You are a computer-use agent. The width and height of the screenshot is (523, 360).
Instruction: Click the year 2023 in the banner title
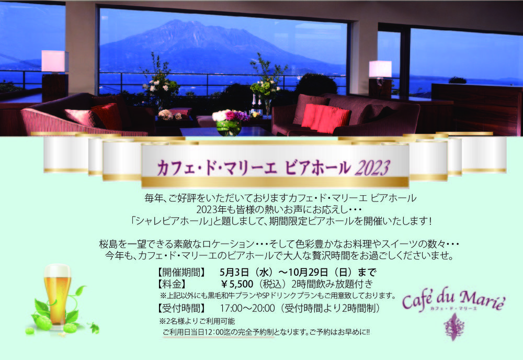pos(372,168)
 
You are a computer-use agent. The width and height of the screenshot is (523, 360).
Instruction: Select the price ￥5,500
pos(237,284)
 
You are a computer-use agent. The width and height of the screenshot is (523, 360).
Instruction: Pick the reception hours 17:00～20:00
pos(247,308)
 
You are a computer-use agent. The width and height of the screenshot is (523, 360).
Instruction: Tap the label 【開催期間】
pos(181,272)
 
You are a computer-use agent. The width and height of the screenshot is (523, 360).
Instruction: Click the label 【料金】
pos(172,284)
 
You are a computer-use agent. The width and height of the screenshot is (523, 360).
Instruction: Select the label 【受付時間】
pos(181,308)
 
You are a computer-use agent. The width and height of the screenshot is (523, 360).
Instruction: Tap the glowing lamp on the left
pos(54,61)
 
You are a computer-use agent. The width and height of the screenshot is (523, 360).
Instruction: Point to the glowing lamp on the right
pos(380,69)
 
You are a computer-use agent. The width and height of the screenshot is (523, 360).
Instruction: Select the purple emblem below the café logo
pos(453,327)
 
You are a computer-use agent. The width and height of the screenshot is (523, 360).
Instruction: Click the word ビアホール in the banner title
pos(317,168)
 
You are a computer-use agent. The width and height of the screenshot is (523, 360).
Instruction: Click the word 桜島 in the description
pos(108,244)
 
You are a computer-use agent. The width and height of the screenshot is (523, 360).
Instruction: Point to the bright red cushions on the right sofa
pos(325,117)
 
